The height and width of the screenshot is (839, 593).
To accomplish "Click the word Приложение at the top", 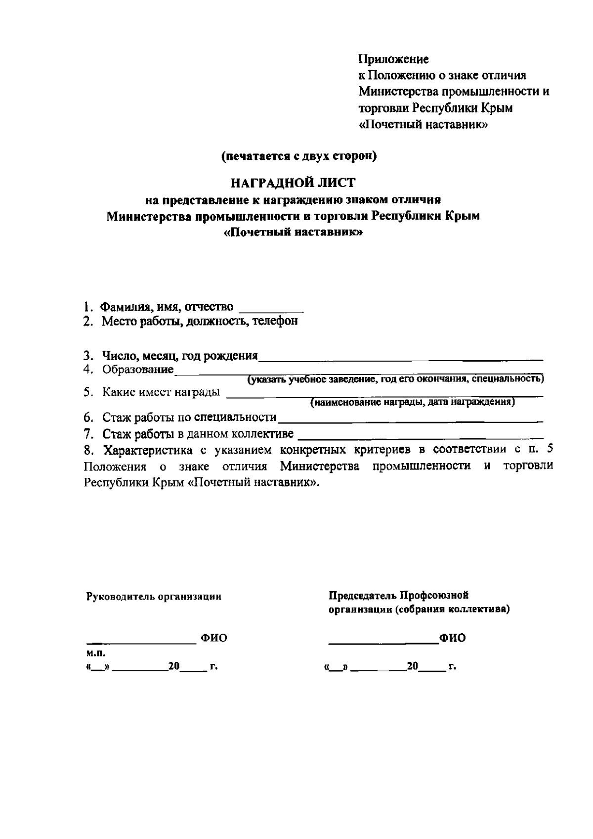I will (x=393, y=60).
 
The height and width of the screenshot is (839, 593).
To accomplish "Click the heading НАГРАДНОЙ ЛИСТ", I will (x=293, y=183).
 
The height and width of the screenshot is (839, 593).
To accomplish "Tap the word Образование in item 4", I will (x=138, y=370).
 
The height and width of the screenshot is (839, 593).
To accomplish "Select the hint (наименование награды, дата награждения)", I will (x=413, y=403).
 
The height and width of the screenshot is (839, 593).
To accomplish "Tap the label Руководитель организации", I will (x=154, y=597).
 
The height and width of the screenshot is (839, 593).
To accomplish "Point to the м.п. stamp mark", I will (x=93, y=653).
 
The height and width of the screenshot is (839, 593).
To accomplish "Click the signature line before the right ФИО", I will (x=383, y=643).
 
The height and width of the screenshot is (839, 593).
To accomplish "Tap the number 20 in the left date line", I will (x=173, y=666).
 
